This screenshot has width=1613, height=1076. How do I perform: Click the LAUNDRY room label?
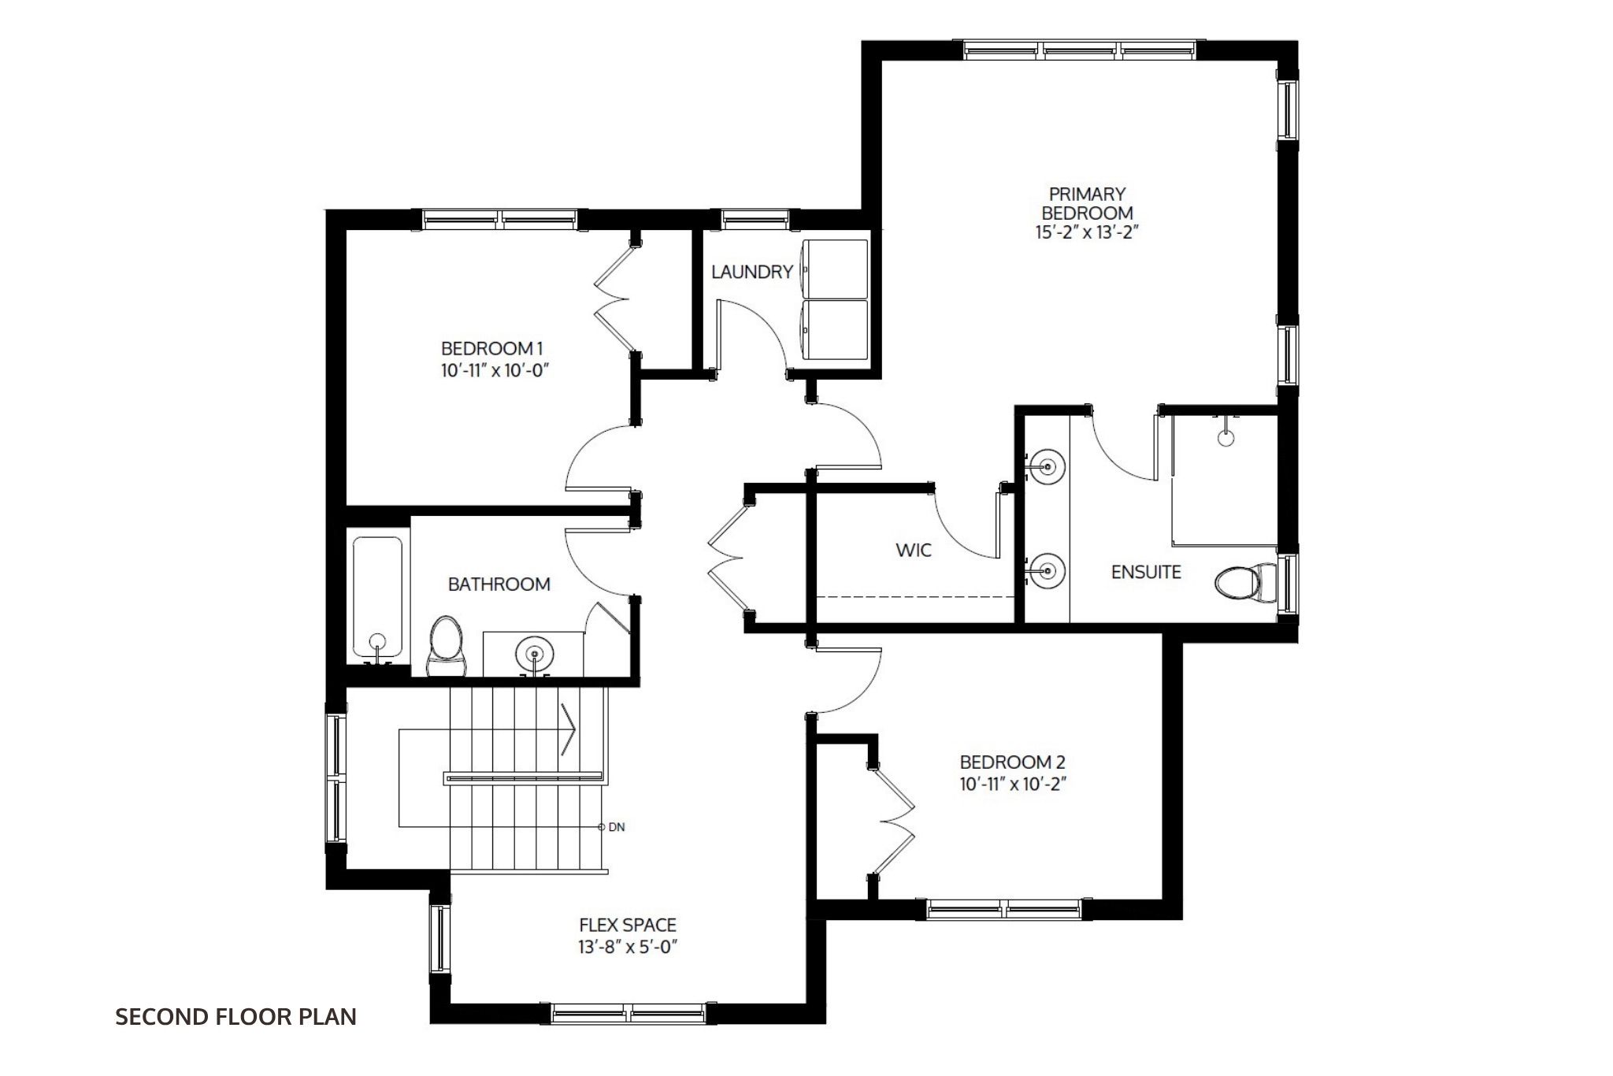click(751, 273)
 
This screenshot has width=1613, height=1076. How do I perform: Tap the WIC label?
click(914, 550)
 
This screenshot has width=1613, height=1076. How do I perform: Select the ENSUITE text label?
click(1146, 573)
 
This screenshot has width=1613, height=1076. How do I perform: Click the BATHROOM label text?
click(499, 584)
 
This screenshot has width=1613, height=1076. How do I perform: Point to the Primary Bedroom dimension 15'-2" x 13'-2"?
click(1088, 233)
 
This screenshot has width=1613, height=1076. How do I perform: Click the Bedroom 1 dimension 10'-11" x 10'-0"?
click(494, 370)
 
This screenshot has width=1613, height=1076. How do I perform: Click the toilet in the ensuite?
click(1246, 583)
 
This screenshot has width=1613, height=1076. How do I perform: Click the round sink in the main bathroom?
click(535, 654)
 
